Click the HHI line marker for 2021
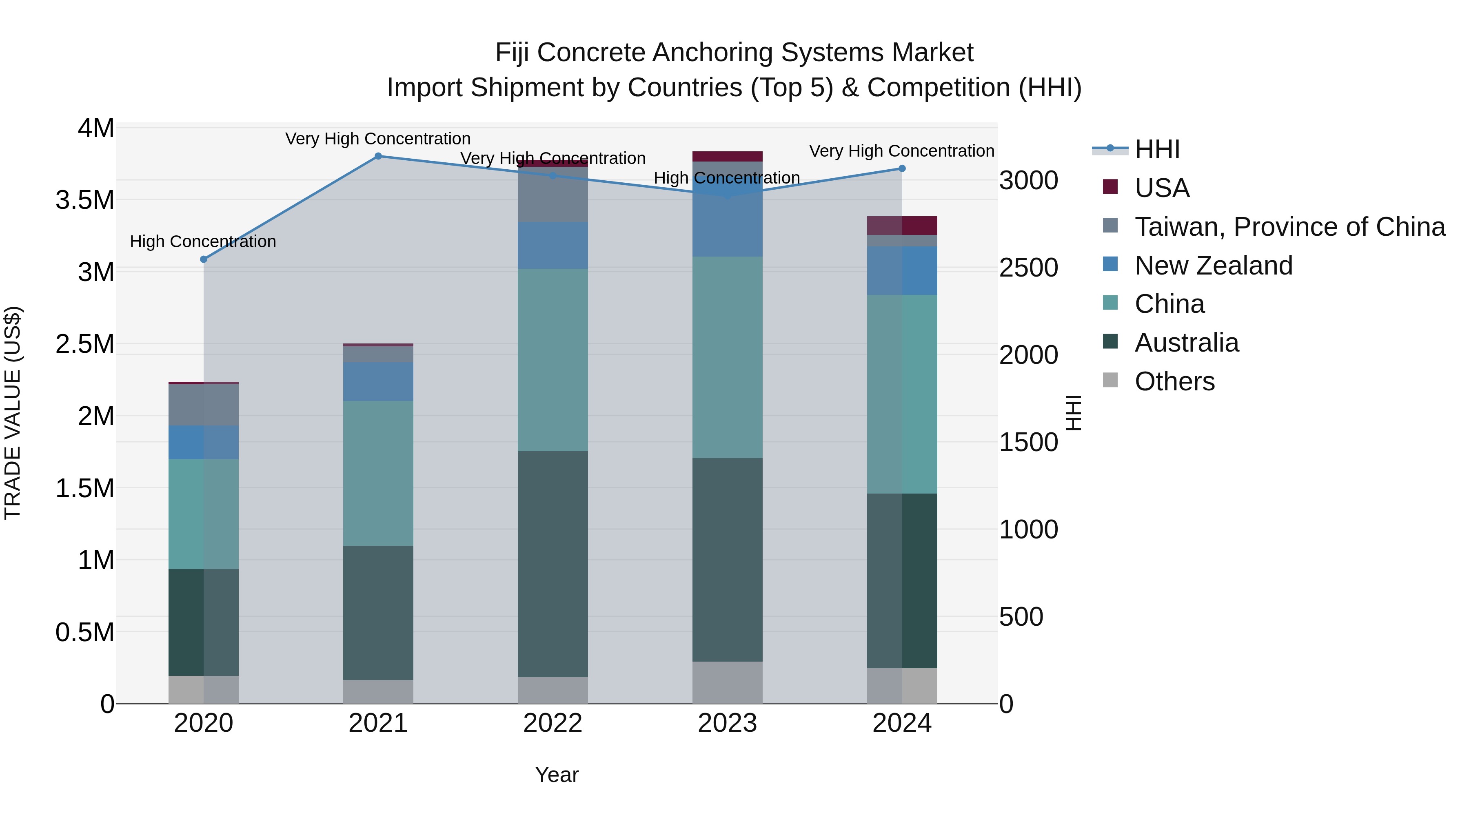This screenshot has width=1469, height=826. coord(378,156)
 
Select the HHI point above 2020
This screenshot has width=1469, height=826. coord(204,259)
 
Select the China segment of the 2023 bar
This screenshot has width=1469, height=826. coord(727,357)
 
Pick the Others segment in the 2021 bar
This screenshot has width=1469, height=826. coord(378,691)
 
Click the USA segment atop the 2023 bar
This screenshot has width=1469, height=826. coord(727,157)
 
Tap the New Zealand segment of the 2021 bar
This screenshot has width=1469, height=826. coord(378,381)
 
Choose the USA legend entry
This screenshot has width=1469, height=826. coord(1162,188)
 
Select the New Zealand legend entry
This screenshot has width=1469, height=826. coord(1213,266)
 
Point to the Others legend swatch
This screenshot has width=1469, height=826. coord(1110,380)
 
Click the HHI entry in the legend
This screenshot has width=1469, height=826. coord(1156,149)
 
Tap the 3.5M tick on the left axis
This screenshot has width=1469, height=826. coord(85,201)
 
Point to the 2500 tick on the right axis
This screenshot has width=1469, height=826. coord(1029,268)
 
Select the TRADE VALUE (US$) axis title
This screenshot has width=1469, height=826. coord(13,413)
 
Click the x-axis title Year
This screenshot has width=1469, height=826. coord(557,775)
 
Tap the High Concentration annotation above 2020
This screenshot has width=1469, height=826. coord(203,242)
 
